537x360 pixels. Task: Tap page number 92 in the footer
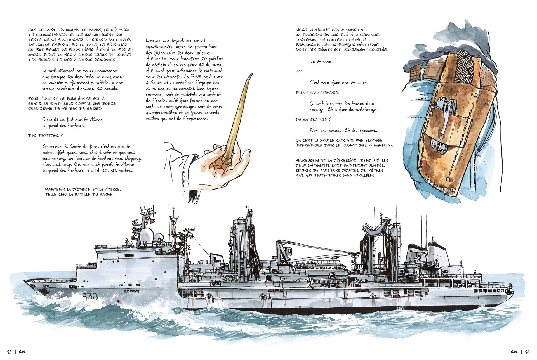click(x=9, y=352)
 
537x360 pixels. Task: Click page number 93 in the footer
click(x=527, y=352)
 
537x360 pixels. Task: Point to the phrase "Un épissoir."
click(x=321, y=62)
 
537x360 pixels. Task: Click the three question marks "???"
click(x=298, y=72)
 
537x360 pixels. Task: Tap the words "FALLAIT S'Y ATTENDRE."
click(x=317, y=93)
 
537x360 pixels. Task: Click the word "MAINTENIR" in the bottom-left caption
click(x=55, y=190)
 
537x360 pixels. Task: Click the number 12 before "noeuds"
click(x=99, y=89)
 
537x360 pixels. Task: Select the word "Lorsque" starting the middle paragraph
click(x=154, y=41)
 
